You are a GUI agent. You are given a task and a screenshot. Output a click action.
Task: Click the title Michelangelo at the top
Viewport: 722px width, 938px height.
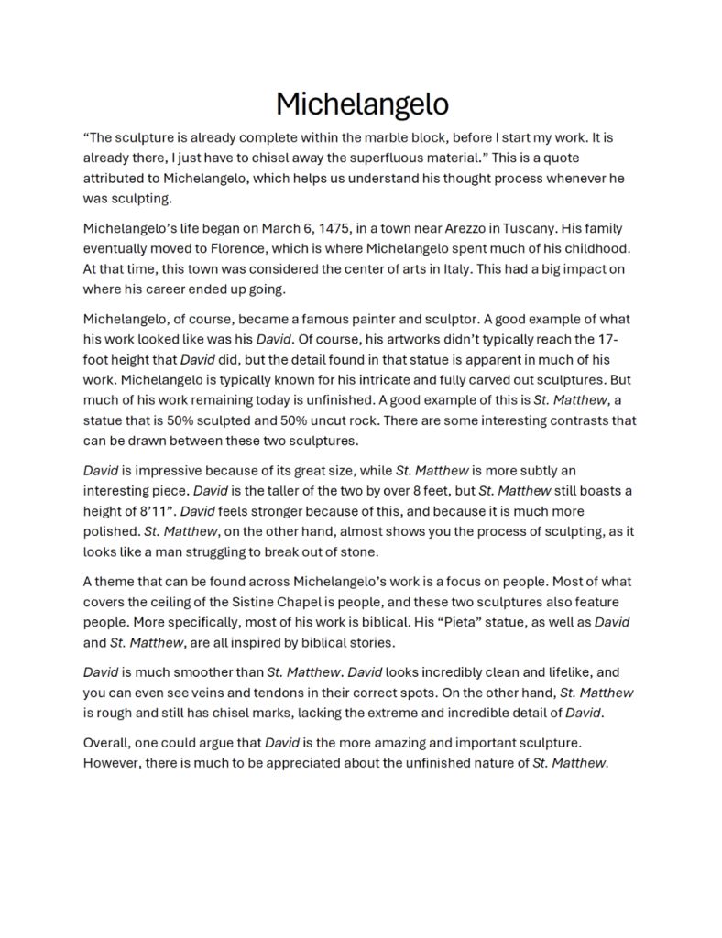(x=362, y=103)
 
